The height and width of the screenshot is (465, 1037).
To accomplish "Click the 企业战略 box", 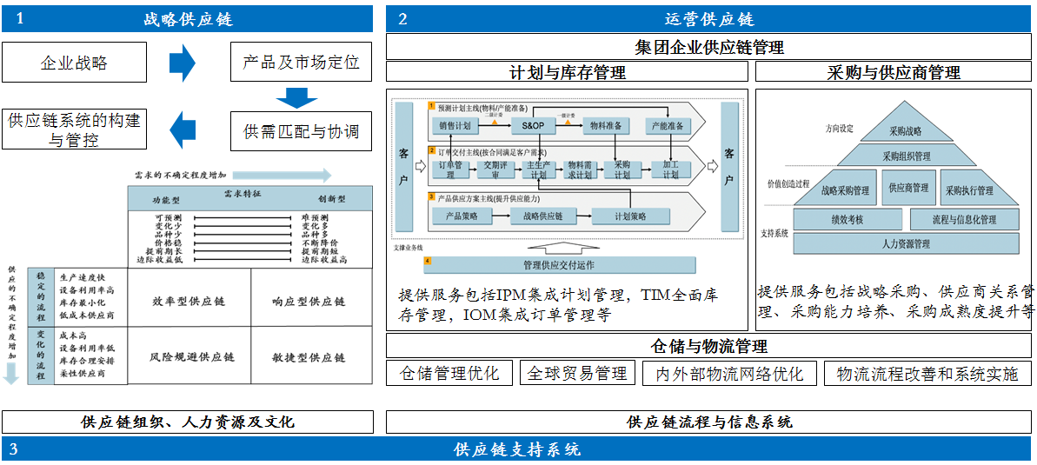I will point(74,63).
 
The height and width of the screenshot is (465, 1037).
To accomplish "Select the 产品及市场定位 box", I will point(301,63).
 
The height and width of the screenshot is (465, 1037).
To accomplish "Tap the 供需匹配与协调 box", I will point(301,132).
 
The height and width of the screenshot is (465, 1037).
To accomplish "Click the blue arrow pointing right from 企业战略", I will point(182,63).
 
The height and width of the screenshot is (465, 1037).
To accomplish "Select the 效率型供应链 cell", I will point(189,301).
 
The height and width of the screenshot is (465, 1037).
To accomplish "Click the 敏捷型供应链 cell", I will point(308,357).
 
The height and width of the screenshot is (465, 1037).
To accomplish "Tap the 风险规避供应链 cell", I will point(192,357).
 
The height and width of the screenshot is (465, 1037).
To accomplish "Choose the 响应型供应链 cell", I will point(308,301).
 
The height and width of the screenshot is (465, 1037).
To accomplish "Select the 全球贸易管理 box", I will point(577,374).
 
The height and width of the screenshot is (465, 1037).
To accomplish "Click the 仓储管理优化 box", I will point(449,374).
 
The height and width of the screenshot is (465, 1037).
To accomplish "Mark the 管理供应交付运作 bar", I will point(559,265).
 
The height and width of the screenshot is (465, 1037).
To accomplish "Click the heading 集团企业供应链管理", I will point(709,47).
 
